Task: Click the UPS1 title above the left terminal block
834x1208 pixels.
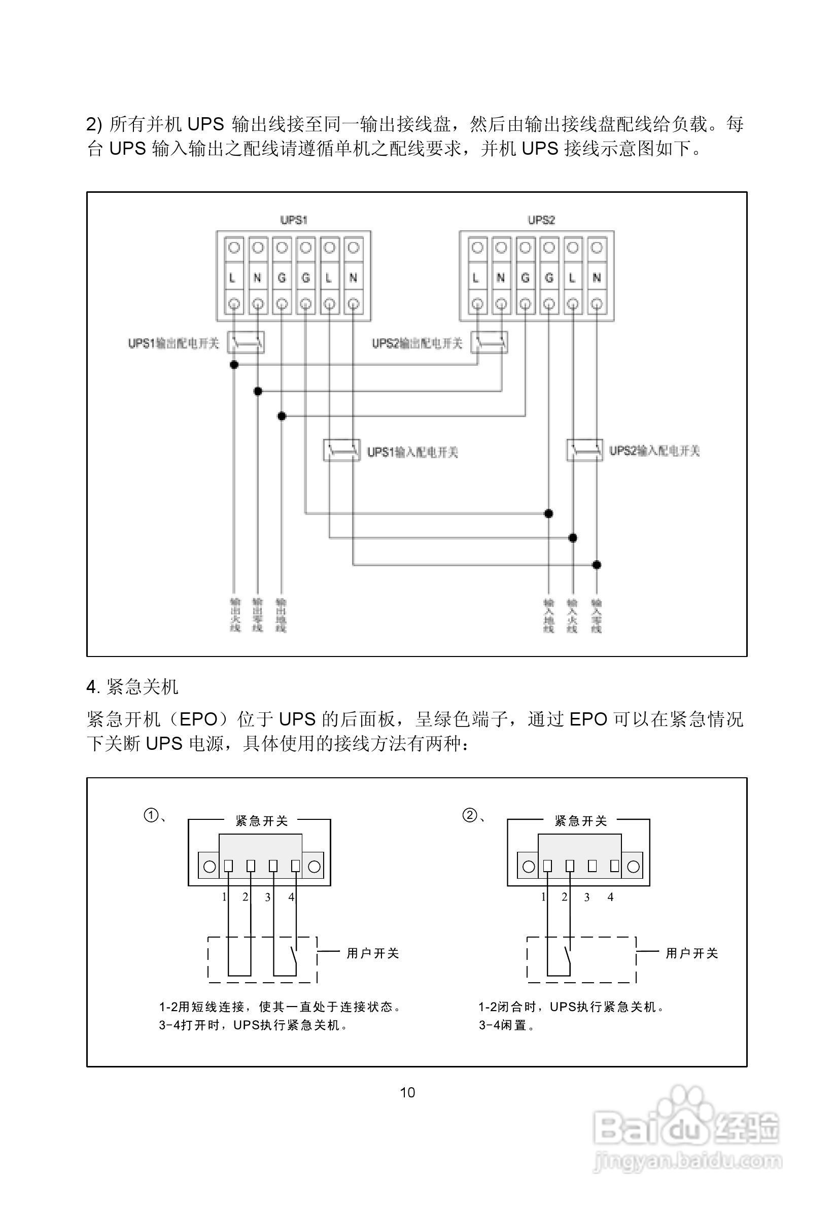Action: [x=294, y=220]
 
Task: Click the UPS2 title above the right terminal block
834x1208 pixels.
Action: [x=541, y=220]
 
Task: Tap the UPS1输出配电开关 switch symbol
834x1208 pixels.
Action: [x=246, y=343]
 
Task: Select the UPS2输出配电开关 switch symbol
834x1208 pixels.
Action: [x=489, y=343]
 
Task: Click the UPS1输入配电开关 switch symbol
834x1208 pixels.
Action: [x=342, y=450]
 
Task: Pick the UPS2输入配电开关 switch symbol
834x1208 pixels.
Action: [x=585, y=450]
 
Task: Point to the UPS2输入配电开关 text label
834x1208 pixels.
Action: [x=654, y=451]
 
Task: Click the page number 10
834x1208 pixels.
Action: [x=407, y=1092]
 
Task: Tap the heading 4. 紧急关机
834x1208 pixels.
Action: [x=132, y=686]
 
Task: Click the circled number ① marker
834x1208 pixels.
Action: [x=151, y=816]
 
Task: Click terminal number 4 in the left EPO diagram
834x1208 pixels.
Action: [x=292, y=897]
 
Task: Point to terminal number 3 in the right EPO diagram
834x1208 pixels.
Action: [x=587, y=897]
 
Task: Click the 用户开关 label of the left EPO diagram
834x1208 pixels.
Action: [x=372, y=953]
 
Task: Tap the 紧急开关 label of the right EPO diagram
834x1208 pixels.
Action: [x=580, y=821]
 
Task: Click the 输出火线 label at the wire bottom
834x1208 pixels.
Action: [x=235, y=615]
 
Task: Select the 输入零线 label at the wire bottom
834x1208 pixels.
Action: [x=597, y=615]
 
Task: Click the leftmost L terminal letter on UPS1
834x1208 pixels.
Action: [x=232, y=278]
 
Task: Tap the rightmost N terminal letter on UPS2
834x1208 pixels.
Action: [x=596, y=278]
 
